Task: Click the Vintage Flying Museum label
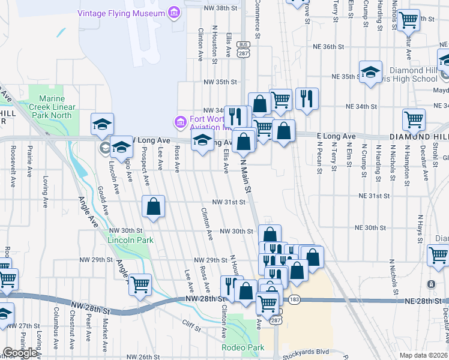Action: pyautogui.click(x=121, y=13)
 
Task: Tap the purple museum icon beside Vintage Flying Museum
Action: pyautogui.click(x=175, y=13)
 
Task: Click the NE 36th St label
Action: pyautogui.click(x=328, y=46)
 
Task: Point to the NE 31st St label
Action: pyautogui.click(x=375, y=196)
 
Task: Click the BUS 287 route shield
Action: pyautogui.click(x=243, y=49)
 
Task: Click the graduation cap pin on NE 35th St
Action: pyautogui.click(x=370, y=71)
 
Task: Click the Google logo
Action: pyautogui.click(x=20, y=353)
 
